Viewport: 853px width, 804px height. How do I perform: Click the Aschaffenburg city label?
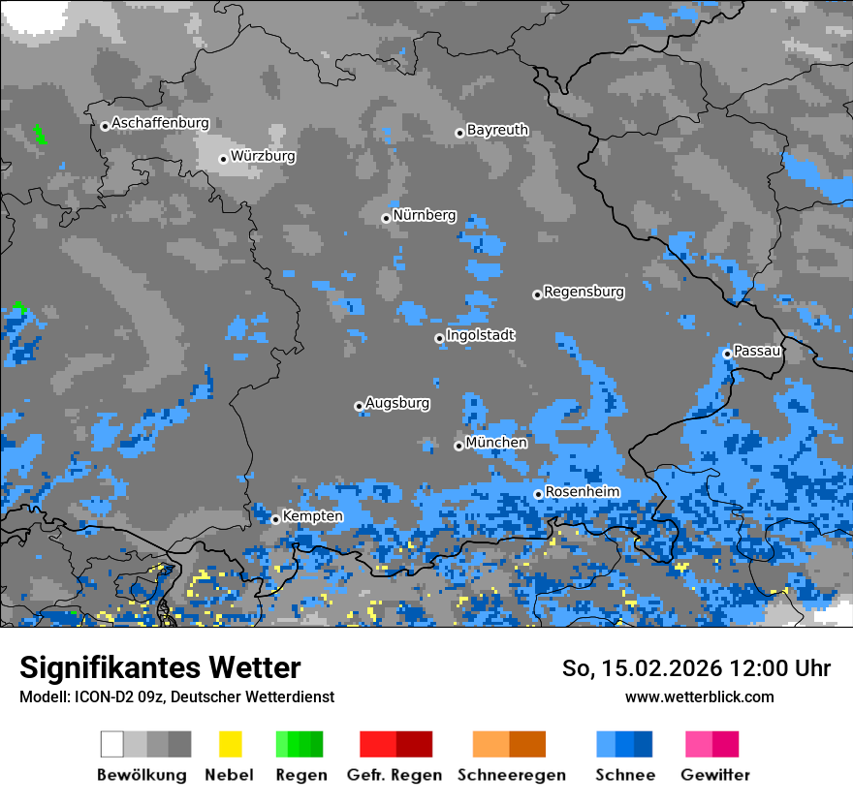(x=160, y=123)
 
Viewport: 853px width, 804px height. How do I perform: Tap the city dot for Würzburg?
(x=223, y=159)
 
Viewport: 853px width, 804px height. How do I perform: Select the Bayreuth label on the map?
(x=497, y=130)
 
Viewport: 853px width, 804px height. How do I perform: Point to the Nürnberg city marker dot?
(x=386, y=218)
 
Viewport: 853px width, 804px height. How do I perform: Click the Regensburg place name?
(x=584, y=292)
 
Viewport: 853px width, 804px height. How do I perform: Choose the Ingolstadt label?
(x=481, y=335)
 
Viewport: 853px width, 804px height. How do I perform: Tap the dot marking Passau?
(x=727, y=354)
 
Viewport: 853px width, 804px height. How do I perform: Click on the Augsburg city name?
(x=397, y=403)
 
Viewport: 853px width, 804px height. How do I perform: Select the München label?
(x=496, y=443)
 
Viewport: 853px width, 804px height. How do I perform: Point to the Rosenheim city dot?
(x=538, y=494)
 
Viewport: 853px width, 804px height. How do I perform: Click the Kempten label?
(x=312, y=516)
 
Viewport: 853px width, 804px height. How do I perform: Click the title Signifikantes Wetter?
(x=160, y=667)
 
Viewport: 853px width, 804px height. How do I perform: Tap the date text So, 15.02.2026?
(x=645, y=668)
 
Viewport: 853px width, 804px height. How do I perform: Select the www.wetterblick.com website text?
(x=699, y=696)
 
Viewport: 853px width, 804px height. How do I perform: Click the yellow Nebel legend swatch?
(x=230, y=744)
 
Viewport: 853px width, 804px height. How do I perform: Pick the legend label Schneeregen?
(x=511, y=775)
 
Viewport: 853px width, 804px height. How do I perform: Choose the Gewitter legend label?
(x=714, y=775)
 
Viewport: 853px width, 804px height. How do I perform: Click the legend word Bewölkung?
(x=142, y=775)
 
